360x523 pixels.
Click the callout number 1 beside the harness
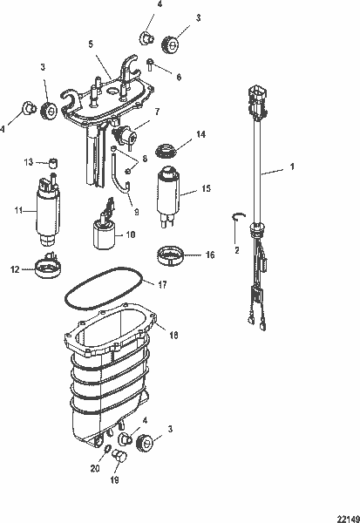[293, 166]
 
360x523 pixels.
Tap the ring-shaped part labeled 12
[45, 273]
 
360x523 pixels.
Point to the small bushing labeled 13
[51, 161]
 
